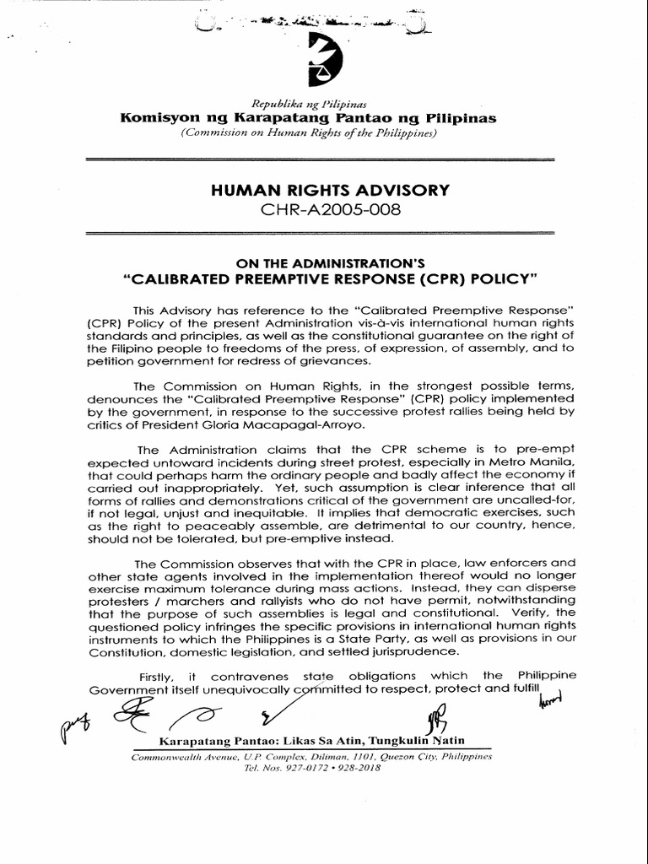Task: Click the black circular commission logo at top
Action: point(324,61)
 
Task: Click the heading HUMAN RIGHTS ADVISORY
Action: point(324,191)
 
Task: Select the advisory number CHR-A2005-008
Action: point(324,209)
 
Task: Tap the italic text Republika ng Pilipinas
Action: point(323,104)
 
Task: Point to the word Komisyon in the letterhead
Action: point(159,118)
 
